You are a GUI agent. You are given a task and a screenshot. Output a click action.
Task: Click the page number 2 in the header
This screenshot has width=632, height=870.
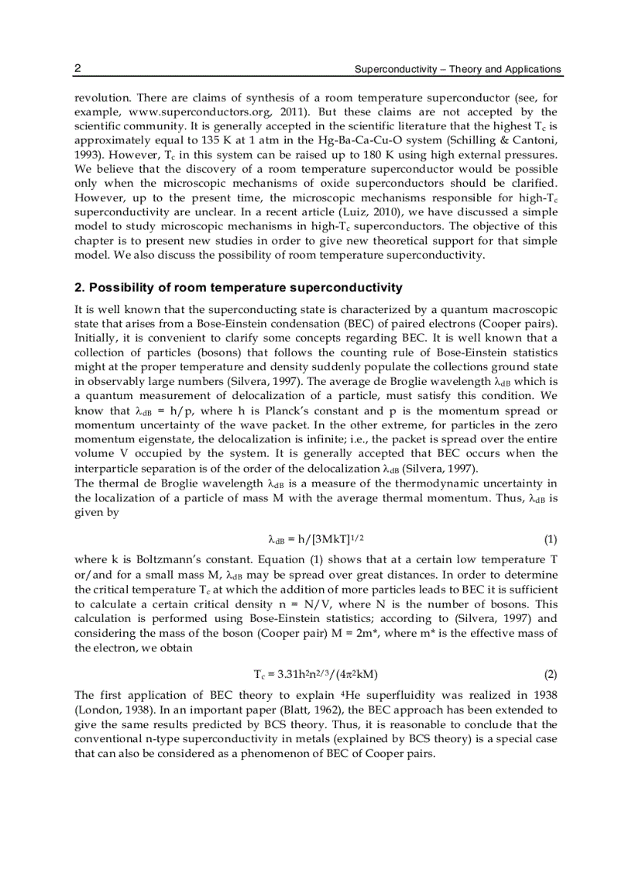pyautogui.click(x=77, y=69)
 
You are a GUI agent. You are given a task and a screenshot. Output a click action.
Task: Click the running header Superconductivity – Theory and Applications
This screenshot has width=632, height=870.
pyautogui.click(x=457, y=70)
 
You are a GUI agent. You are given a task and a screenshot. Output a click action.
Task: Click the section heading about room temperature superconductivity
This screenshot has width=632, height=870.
pyautogui.click(x=238, y=287)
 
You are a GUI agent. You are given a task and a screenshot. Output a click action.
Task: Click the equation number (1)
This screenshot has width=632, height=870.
pyautogui.click(x=550, y=538)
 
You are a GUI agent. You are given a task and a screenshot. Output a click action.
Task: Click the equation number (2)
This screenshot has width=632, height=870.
pyautogui.click(x=550, y=674)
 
